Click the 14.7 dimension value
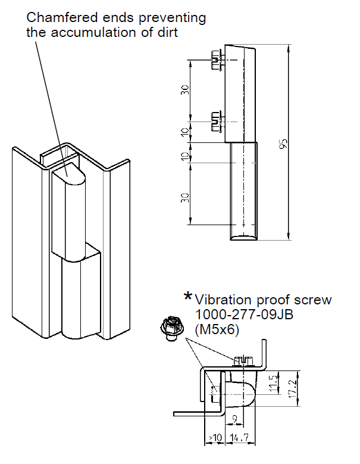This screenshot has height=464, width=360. [x=240, y=438]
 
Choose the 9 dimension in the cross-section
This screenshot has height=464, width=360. [x=236, y=419]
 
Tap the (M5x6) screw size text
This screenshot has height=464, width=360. [x=217, y=329]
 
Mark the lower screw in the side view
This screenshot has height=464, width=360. [x=217, y=121]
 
